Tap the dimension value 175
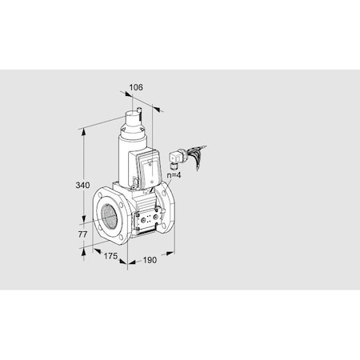point(111,255)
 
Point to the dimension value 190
point(150,260)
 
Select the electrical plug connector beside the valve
point(175,158)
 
